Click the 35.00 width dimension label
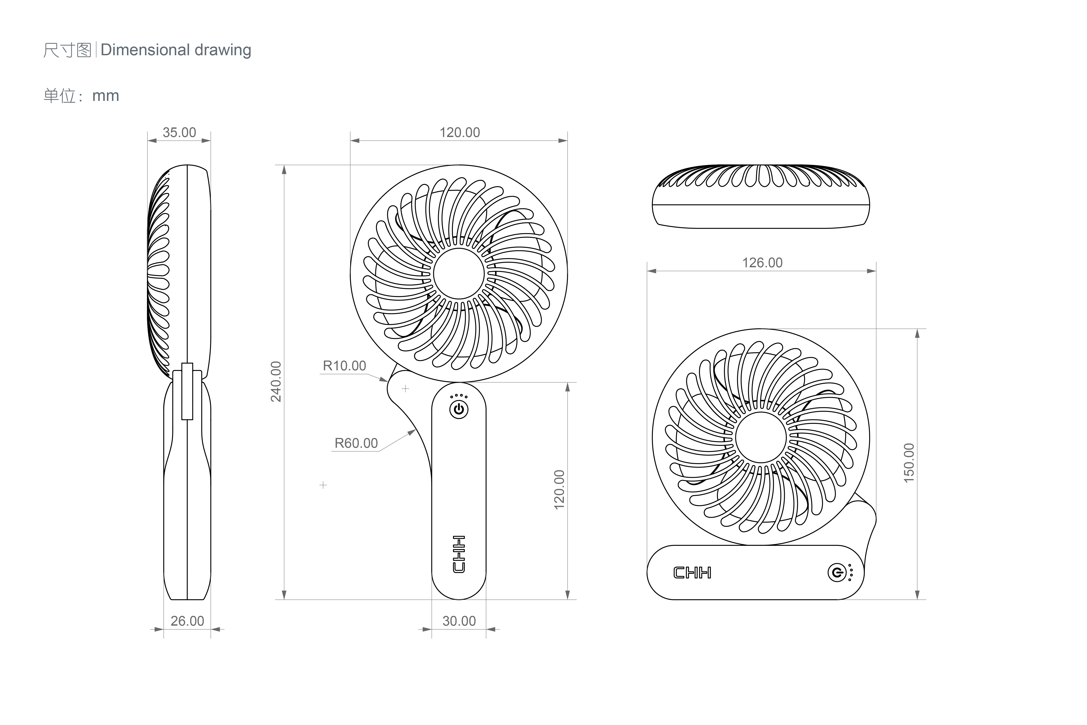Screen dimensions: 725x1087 pyautogui.click(x=179, y=133)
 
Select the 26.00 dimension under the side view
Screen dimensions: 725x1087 pyautogui.click(x=187, y=621)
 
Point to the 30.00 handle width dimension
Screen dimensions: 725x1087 pyautogui.click(x=459, y=621)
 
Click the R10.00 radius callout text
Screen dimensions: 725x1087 pyautogui.click(x=344, y=366)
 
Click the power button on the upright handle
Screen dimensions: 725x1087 pyautogui.click(x=459, y=410)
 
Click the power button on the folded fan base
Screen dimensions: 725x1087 pyautogui.click(x=836, y=573)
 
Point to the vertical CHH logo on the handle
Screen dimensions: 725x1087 pyautogui.click(x=459, y=554)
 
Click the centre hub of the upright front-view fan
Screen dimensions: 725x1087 pyautogui.click(x=459, y=274)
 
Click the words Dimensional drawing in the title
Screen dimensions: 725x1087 pyautogui.click(x=176, y=50)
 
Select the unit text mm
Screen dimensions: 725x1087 pyautogui.click(x=106, y=96)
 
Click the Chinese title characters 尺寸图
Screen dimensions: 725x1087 pyautogui.click(x=67, y=50)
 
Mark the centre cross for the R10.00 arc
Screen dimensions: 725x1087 pyautogui.click(x=405, y=389)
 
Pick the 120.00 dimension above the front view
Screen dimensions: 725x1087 pyautogui.click(x=459, y=133)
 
